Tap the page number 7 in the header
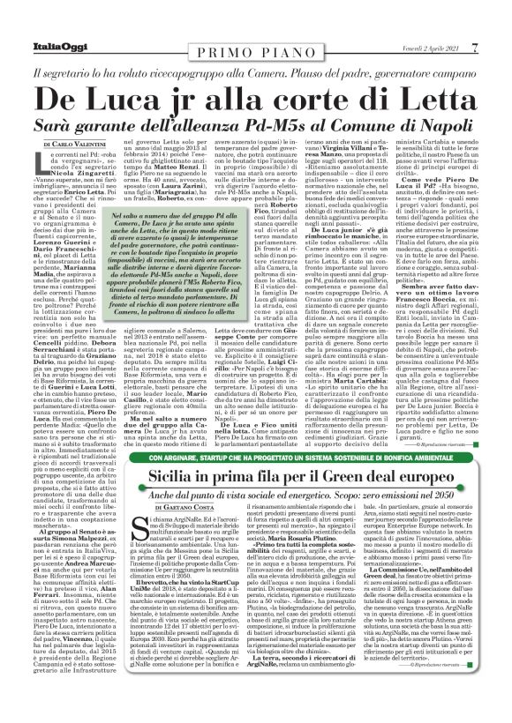click(x=500, y=10)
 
